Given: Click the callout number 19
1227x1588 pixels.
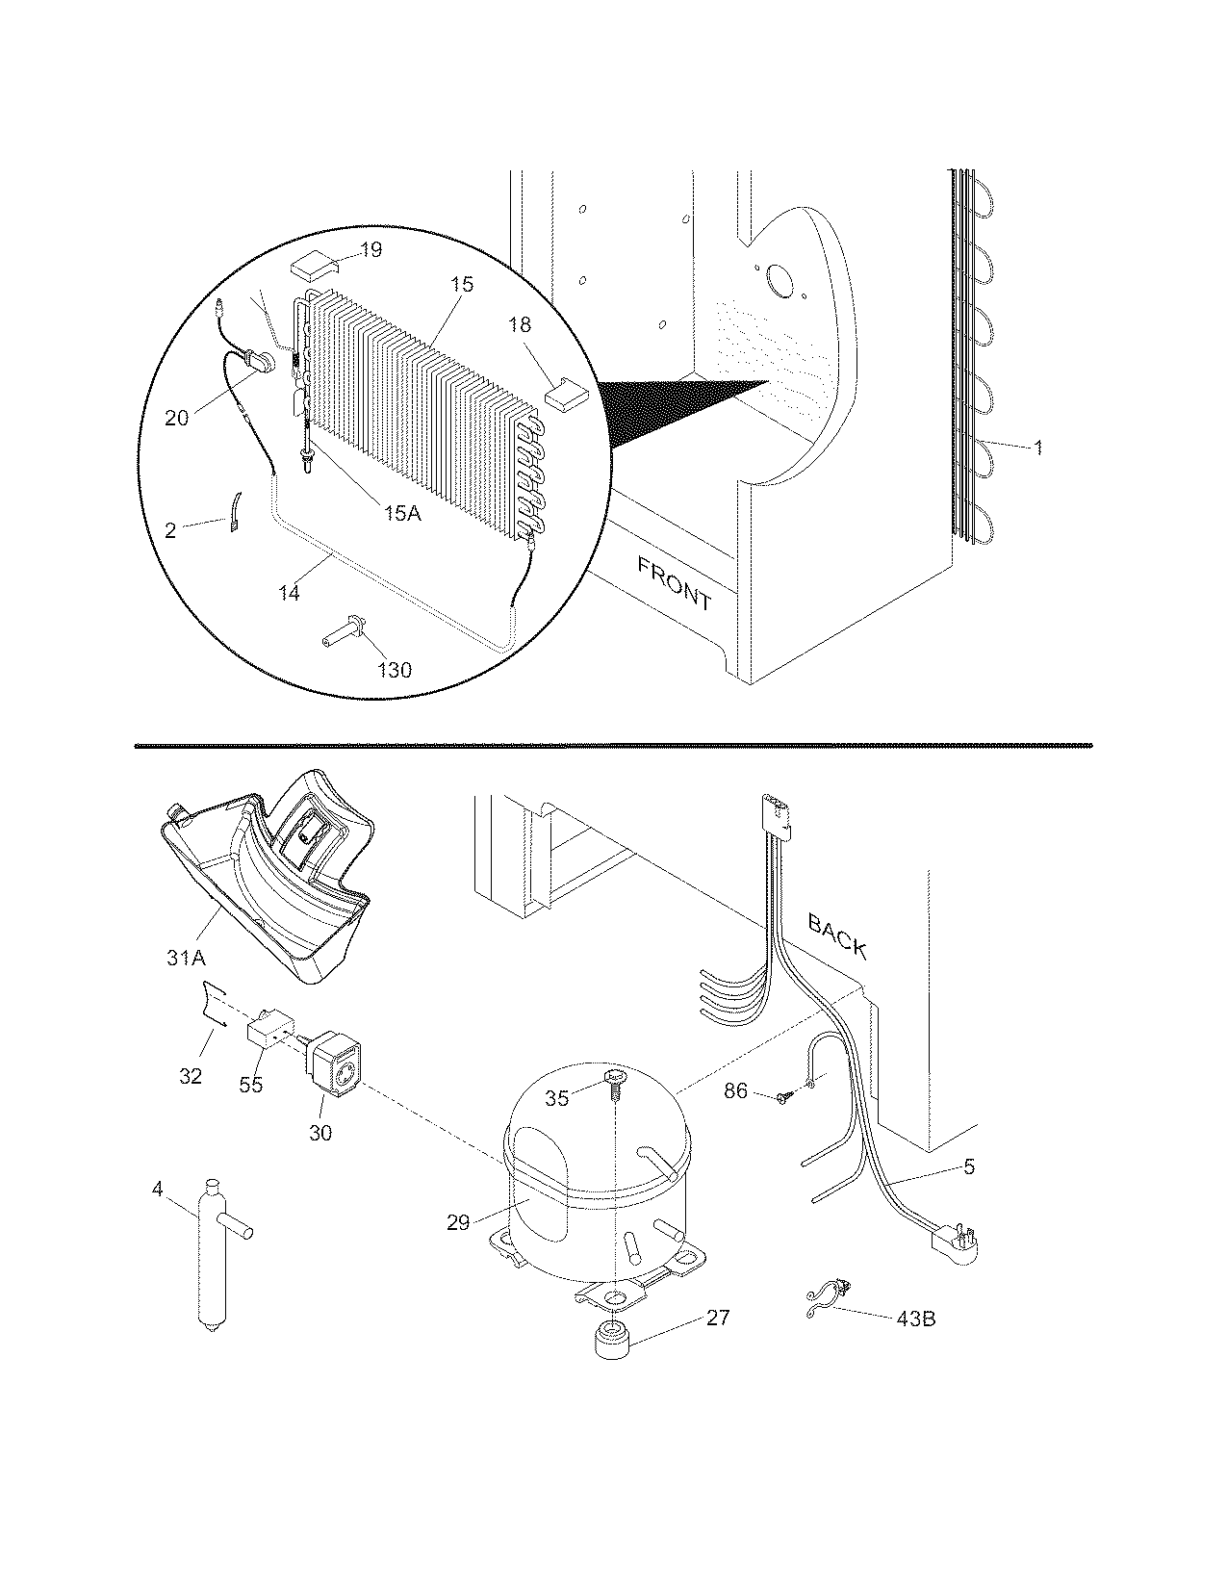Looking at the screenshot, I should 371,250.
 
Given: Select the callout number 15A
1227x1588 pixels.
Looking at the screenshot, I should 402,513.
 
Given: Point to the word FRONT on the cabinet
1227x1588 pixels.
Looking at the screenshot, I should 674,583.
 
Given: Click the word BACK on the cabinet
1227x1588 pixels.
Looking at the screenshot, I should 836,935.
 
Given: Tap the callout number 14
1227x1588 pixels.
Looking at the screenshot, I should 289,593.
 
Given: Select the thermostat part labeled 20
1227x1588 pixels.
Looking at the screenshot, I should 260,362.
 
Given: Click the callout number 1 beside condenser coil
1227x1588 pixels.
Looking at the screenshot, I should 1037,448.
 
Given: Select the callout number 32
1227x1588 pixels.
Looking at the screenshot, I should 191,1075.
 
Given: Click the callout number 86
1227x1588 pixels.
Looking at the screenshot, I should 735,1092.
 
